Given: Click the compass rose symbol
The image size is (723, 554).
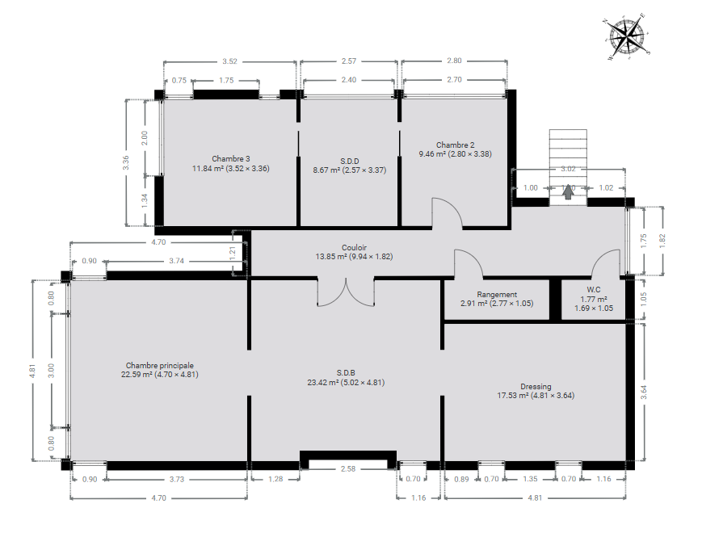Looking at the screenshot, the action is click(x=626, y=36).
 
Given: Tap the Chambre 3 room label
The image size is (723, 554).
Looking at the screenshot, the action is click(x=231, y=159).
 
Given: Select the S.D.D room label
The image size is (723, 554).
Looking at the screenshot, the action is click(x=350, y=161).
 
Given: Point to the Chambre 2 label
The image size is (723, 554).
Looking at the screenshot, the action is click(x=455, y=145).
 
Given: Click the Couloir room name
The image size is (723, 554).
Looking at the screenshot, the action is click(x=354, y=247).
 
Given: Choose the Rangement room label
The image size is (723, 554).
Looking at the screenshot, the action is click(x=497, y=295).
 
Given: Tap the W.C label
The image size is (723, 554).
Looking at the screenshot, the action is click(x=594, y=290).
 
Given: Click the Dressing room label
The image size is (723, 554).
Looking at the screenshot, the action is click(x=536, y=387).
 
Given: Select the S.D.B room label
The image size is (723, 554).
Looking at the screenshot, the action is click(x=346, y=373).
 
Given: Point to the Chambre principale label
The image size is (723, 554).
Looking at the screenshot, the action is click(x=159, y=366).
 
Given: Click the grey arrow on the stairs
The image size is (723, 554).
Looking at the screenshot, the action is click(x=568, y=191).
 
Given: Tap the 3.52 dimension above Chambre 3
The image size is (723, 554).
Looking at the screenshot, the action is click(x=229, y=61).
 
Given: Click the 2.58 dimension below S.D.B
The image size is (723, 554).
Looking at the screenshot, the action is click(x=348, y=468).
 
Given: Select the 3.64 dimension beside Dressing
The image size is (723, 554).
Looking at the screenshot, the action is click(x=644, y=392).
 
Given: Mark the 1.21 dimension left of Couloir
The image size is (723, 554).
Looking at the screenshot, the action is click(x=233, y=253).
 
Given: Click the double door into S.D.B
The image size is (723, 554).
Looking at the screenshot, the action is click(x=346, y=292).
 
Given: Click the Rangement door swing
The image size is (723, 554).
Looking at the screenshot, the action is click(x=469, y=264).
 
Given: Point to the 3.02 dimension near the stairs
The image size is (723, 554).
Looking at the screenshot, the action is click(x=568, y=169).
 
